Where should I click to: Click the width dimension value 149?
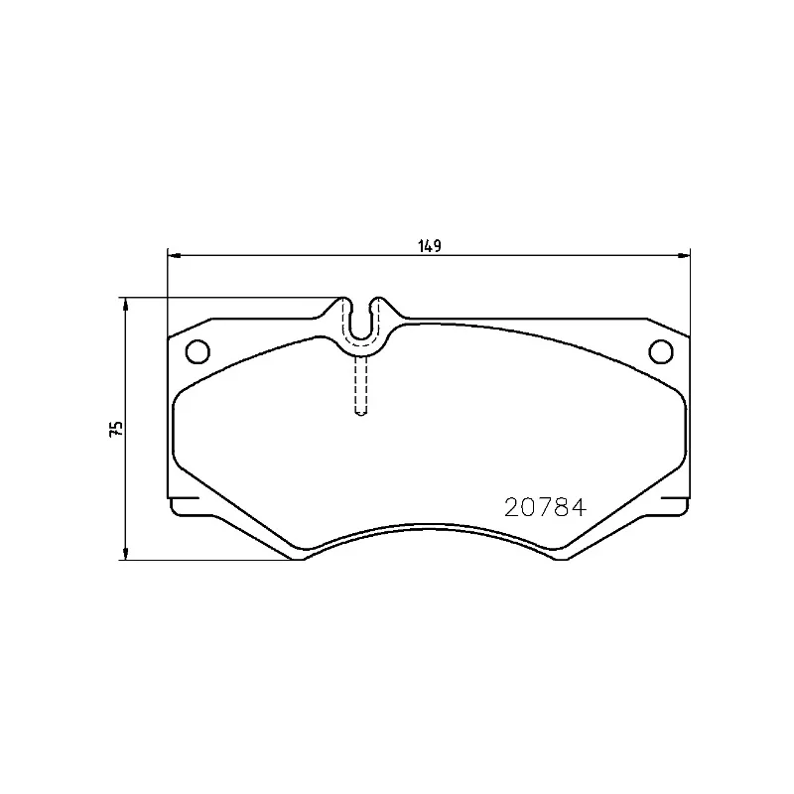[430, 246]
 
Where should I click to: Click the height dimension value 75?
[116, 429]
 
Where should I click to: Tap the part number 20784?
[545, 507]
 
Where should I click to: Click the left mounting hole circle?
[198, 351]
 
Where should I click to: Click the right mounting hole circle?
[661, 351]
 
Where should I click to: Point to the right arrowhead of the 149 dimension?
[684, 256]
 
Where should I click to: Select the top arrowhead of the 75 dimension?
[126, 305]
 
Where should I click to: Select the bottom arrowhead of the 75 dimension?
[126, 553]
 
